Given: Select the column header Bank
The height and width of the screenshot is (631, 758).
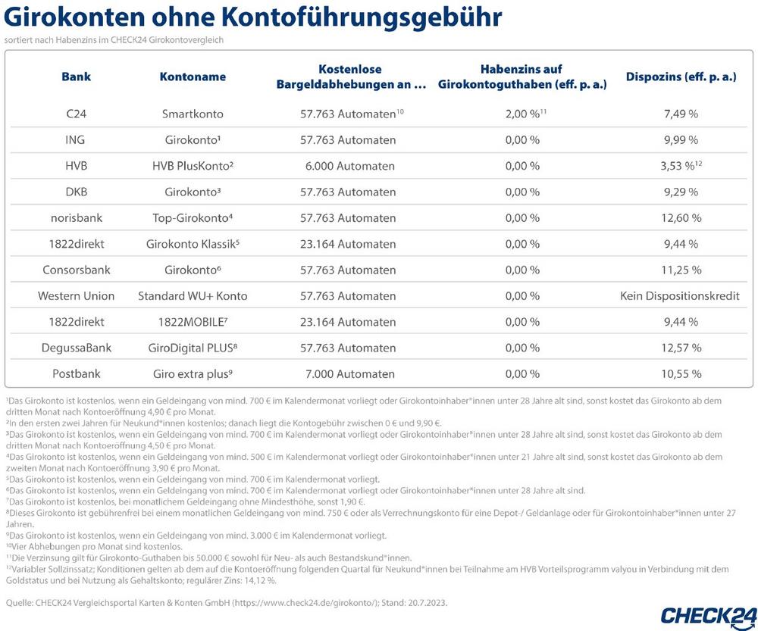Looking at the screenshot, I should (x=76, y=77).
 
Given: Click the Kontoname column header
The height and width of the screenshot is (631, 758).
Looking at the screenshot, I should (x=193, y=77).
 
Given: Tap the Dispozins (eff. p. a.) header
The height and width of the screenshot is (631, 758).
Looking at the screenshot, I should (x=681, y=77).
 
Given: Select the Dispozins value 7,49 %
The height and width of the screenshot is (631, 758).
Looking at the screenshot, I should (x=680, y=114).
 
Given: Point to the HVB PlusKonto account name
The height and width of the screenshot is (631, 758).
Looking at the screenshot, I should (x=193, y=166).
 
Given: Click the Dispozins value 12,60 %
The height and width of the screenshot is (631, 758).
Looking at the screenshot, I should (x=680, y=218).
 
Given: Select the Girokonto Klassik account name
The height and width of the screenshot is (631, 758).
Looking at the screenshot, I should (x=193, y=244).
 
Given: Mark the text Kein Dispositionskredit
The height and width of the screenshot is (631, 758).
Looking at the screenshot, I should (x=680, y=296).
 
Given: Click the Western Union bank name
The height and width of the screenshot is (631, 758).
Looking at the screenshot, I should (x=76, y=296).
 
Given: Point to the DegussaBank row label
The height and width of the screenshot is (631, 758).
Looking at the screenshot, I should (x=77, y=348).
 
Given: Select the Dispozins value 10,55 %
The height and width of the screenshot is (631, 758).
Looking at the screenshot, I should (x=680, y=374).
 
